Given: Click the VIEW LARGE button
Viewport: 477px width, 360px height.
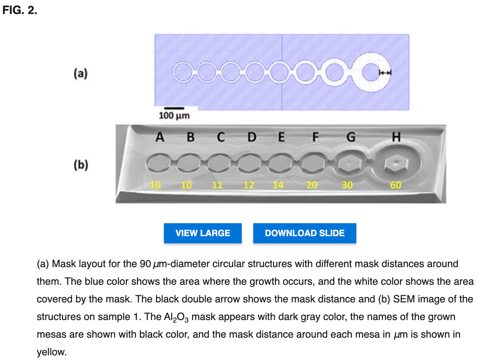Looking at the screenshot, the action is point(202,233).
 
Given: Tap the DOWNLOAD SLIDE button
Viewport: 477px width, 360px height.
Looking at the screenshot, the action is point(304,233).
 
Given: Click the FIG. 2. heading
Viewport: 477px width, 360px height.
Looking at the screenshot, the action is point(20,10).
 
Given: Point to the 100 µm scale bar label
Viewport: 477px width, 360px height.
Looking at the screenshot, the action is point(174,116).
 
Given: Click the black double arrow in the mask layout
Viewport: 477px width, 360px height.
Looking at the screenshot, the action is point(385,72).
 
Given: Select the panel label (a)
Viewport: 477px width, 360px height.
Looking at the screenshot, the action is point(81,73).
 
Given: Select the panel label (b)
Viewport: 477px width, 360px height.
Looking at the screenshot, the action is point(81,165).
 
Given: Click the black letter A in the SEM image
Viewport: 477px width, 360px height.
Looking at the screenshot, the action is point(160,137).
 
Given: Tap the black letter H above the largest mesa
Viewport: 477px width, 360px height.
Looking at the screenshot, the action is point(396,137).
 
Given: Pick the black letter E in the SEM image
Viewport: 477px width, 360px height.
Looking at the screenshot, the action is point(282,137).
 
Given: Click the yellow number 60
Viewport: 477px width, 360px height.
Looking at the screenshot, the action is point(396,185).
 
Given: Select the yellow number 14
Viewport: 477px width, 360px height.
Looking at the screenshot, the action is point(278,185).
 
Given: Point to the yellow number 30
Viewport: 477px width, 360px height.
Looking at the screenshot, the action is point(347,185).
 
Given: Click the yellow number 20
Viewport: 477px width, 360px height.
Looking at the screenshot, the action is point(312,185).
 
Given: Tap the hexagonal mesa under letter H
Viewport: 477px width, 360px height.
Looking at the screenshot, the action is point(396,165).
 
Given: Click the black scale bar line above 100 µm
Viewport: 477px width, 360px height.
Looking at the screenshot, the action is point(174,108).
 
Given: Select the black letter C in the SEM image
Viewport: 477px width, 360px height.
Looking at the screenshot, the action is point(221,137).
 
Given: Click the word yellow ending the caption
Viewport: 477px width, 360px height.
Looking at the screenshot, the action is point(52,352).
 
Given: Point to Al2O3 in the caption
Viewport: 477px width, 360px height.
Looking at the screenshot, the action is point(176,317).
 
